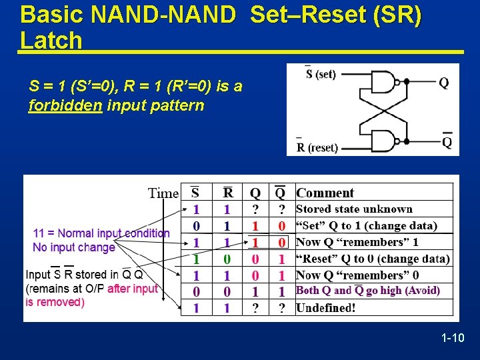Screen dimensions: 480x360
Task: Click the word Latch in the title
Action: click(x=51, y=41)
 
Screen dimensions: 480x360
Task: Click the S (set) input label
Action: click(x=321, y=74)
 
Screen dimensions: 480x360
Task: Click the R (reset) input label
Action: click(x=317, y=147)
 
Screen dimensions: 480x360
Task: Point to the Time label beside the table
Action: click(x=163, y=193)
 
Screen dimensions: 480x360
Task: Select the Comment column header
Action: click(x=325, y=193)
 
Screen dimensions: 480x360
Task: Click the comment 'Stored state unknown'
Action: click(x=354, y=209)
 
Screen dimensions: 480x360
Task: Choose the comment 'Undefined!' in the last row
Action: click(x=325, y=307)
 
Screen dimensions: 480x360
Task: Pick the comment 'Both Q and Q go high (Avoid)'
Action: click(x=367, y=291)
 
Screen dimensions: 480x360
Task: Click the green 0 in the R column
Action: click(x=227, y=259)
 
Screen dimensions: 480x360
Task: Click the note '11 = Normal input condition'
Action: click(x=101, y=233)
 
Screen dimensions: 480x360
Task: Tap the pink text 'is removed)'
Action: click(x=55, y=302)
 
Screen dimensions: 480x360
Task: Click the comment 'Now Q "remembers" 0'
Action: click(x=357, y=275)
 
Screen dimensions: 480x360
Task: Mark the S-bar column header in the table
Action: click(x=195, y=193)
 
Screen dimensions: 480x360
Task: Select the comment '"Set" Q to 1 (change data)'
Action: click(x=366, y=226)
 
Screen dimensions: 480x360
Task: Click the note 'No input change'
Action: click(x=74, y=247)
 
